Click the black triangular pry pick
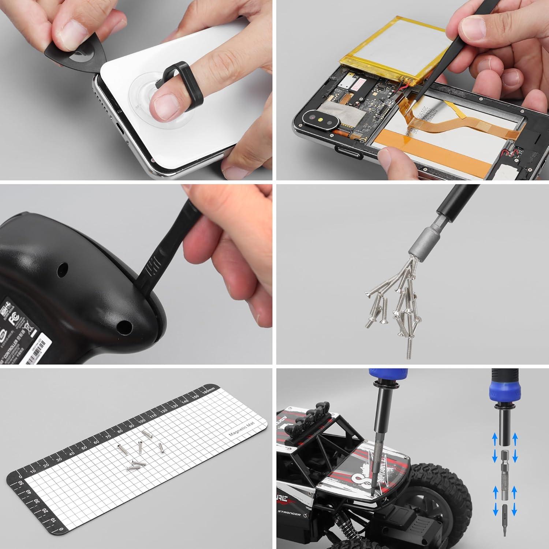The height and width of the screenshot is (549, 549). tap(75, 55)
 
